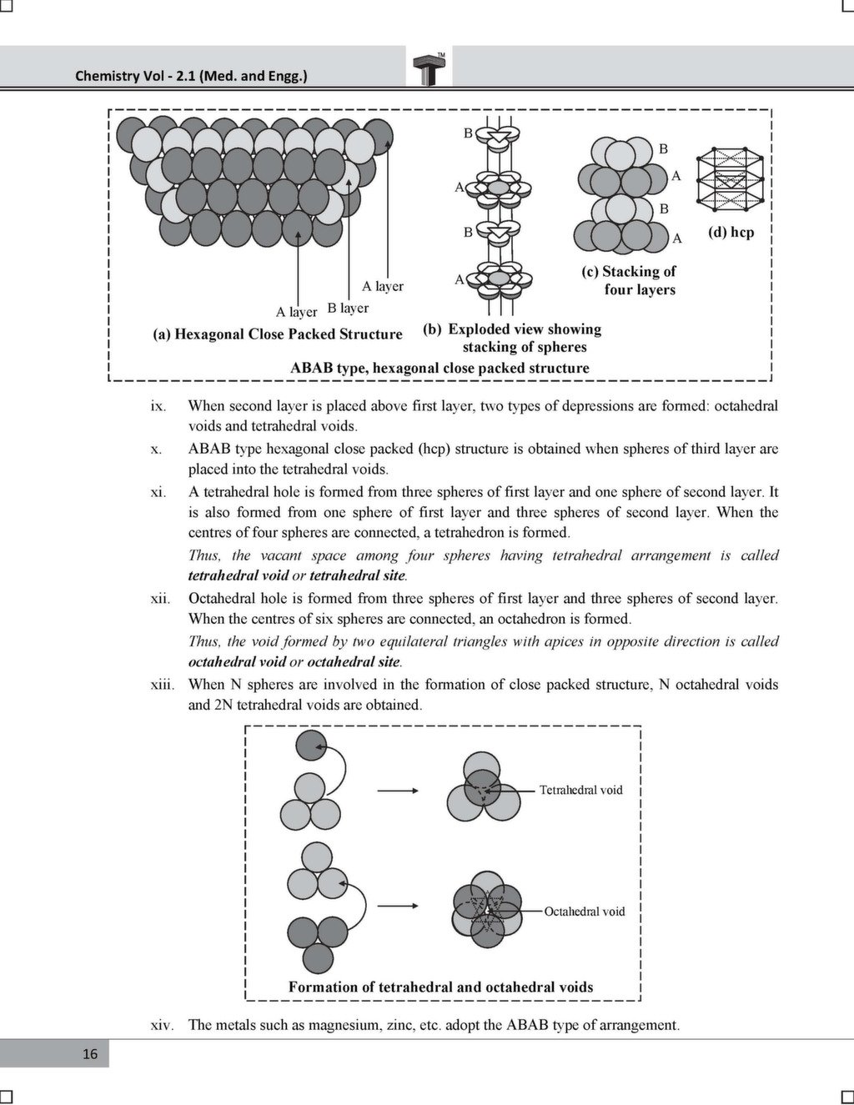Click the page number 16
[90, 1053]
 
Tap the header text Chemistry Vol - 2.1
[191, 76]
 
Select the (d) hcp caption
[731, 232]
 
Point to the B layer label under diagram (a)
[348, 309]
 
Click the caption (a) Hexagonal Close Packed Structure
[277, 334]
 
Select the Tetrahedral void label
[580, 790]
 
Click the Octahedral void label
[584, 912]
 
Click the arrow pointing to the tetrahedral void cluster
[397, 791]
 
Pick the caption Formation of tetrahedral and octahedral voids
[440, 987]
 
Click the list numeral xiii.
[162, 685]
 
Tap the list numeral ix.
[158, 406]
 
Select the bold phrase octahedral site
[354, 662]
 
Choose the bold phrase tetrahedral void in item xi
[238, 575]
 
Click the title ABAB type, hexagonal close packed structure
[439, 368]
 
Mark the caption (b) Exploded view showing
[512, 329]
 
